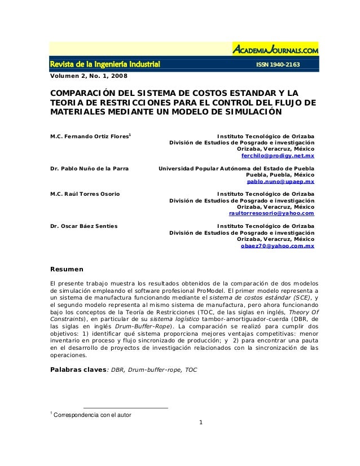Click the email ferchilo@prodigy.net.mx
(278, 155)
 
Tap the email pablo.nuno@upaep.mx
(281, 182)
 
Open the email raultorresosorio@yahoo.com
(271, 214)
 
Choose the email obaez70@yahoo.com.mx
(278, 246)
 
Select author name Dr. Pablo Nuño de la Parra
(89, 169)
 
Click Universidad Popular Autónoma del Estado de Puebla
(237, 169)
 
